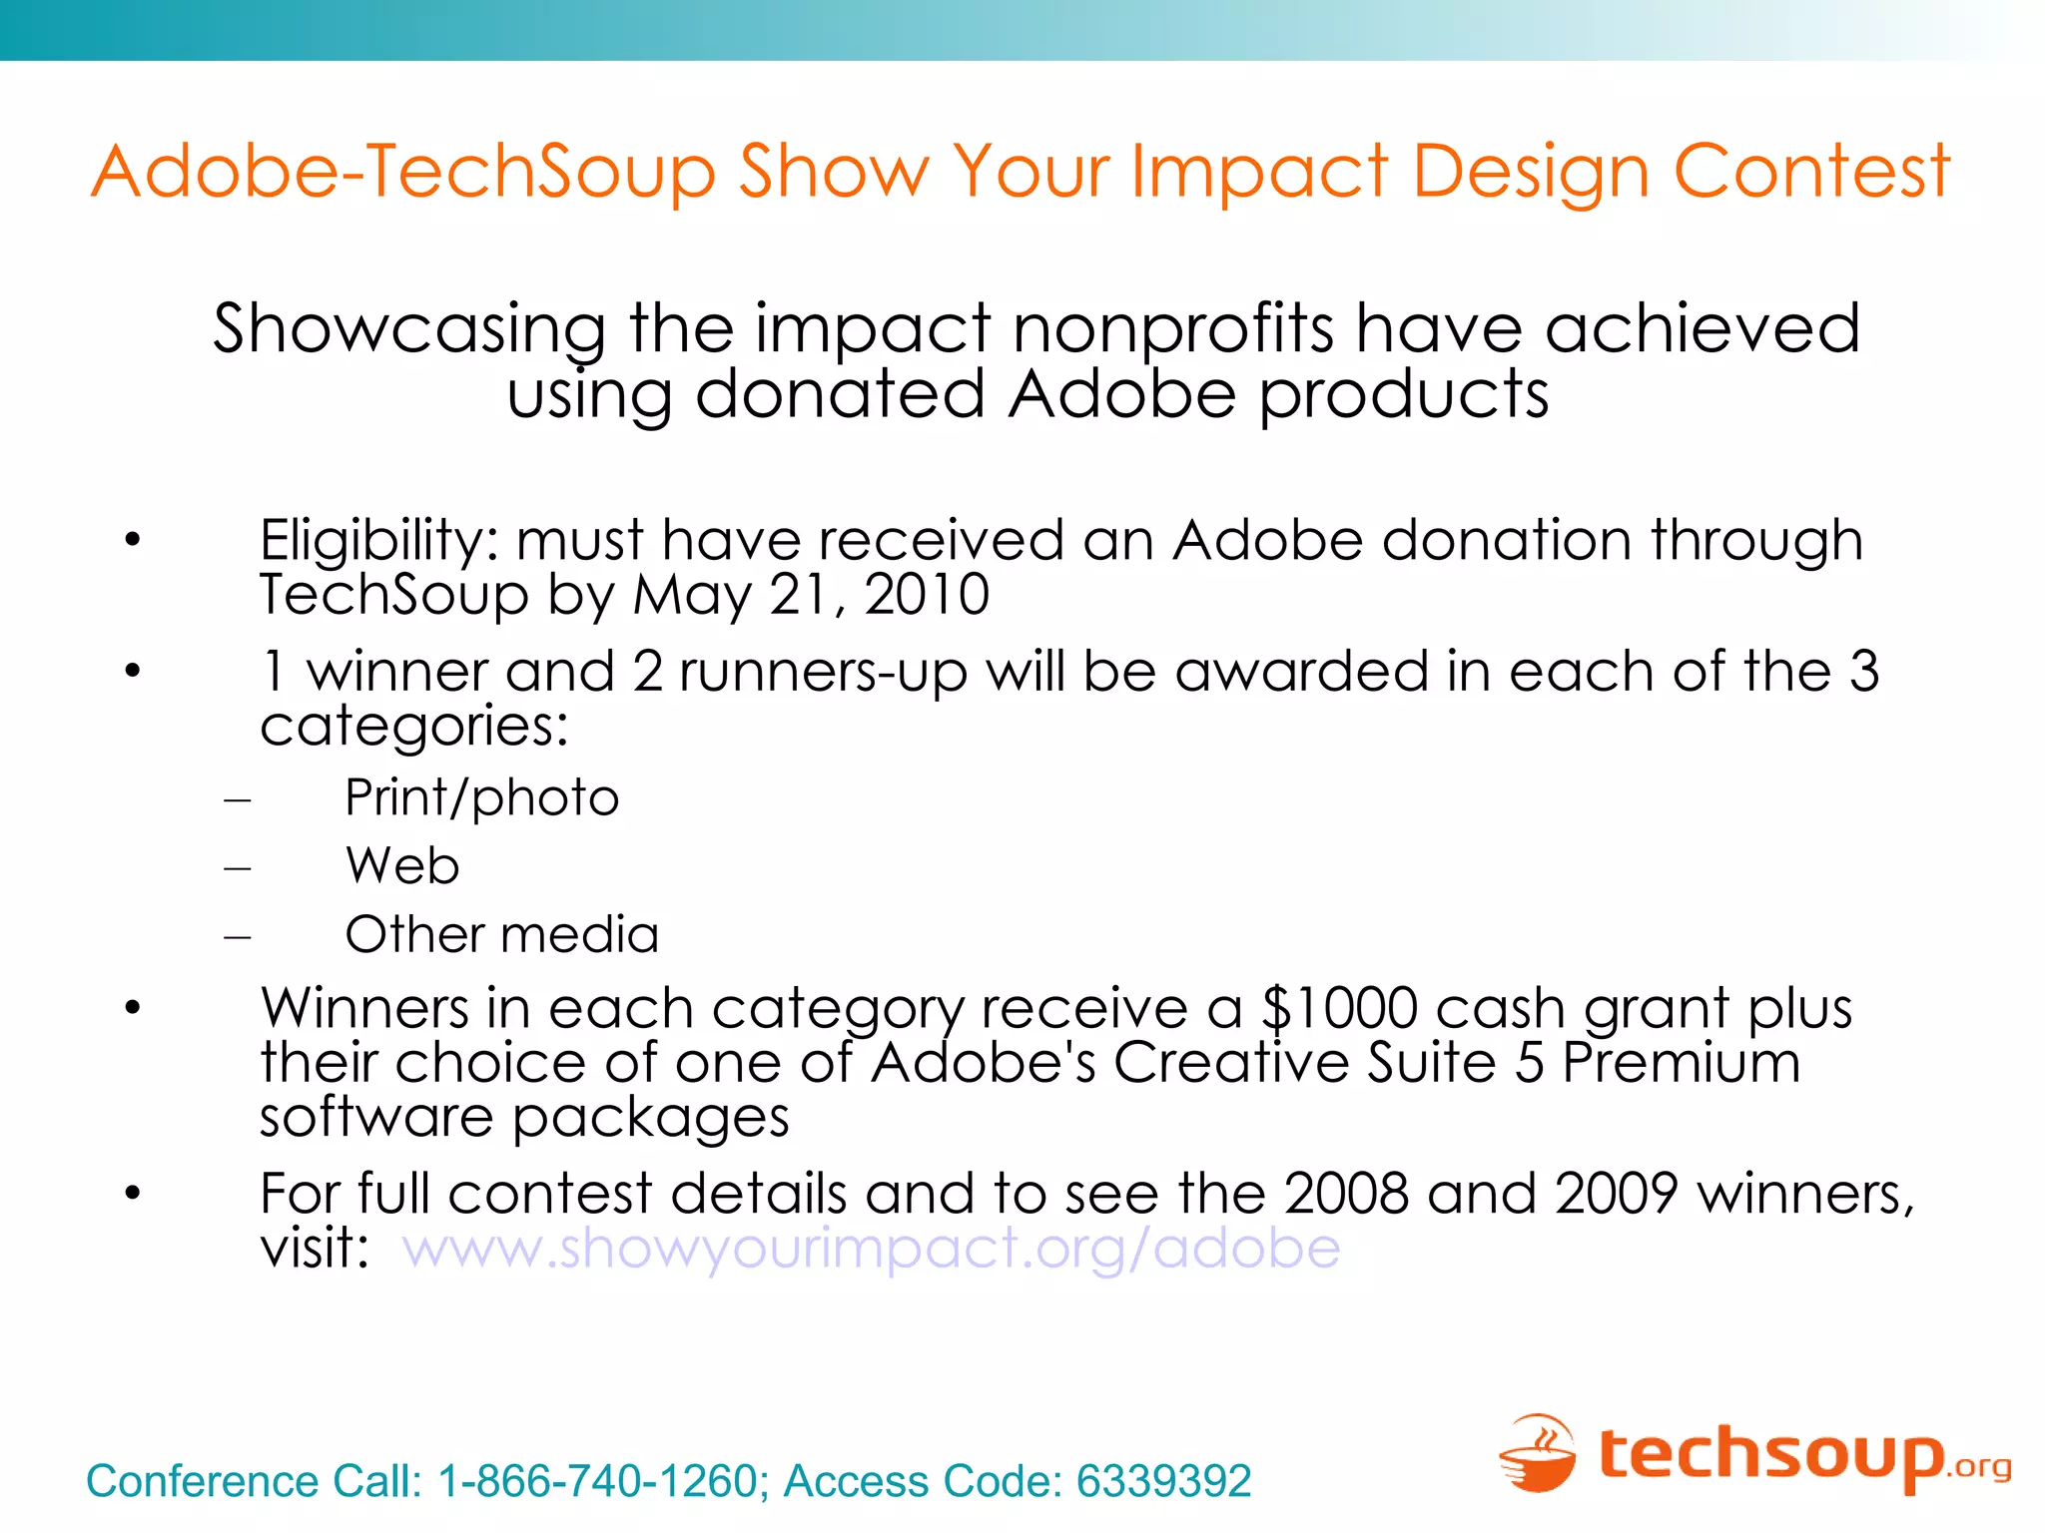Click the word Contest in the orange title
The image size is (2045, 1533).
pos(1810,172)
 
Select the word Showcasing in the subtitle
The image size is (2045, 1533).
pos(409,329)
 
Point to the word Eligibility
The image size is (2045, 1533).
pos(377,542)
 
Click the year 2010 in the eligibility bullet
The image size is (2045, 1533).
pos(927,595)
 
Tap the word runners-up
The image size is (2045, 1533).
pos(823,672)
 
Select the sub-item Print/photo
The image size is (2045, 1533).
pos(481,798)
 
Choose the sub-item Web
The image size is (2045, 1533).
pos(402,865)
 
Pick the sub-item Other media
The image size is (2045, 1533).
pos(501,935)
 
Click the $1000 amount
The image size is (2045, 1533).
pos(1339,1008)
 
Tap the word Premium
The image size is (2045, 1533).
pos(1682,1062)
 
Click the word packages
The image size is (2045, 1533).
pos(650,1117)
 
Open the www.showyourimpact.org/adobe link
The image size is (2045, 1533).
pos(871,1249)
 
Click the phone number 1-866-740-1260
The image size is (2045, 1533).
pos(598,1481)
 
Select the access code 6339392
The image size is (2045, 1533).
pos(1163,1481)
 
